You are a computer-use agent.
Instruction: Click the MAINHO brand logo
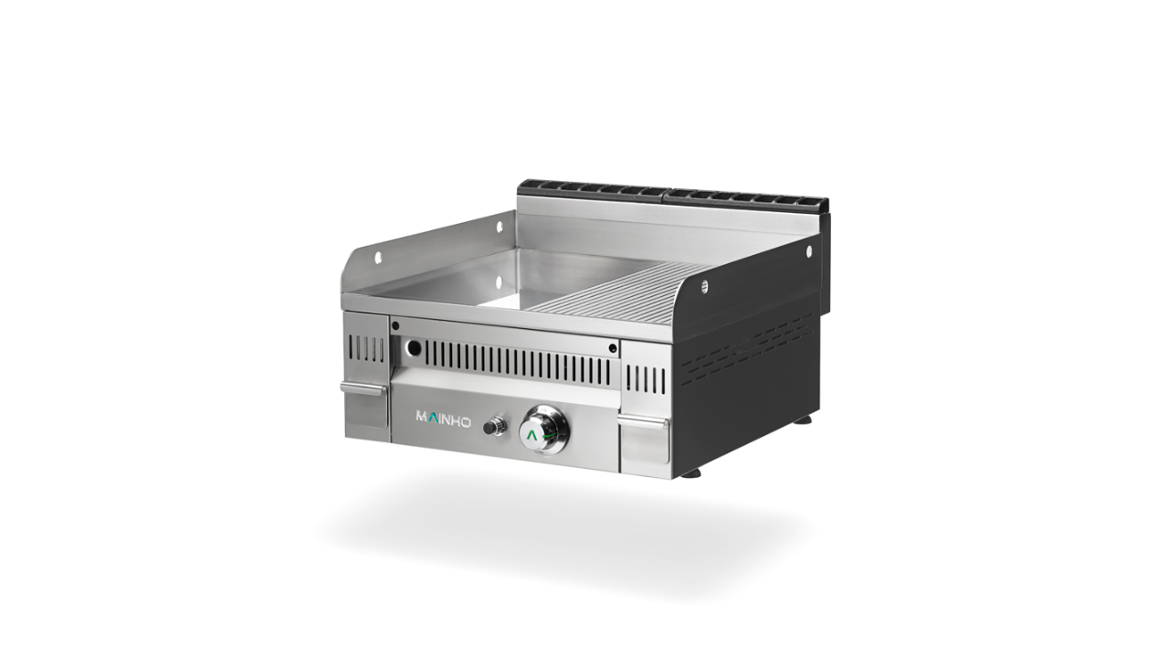(x=443, y=418)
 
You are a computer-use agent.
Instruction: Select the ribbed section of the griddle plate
(x=616, y=297)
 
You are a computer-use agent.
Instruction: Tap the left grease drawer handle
(x=363, y=388)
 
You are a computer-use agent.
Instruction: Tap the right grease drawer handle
(x=643, y=421)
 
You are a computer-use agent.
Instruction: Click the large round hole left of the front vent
(x=414, y=347)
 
